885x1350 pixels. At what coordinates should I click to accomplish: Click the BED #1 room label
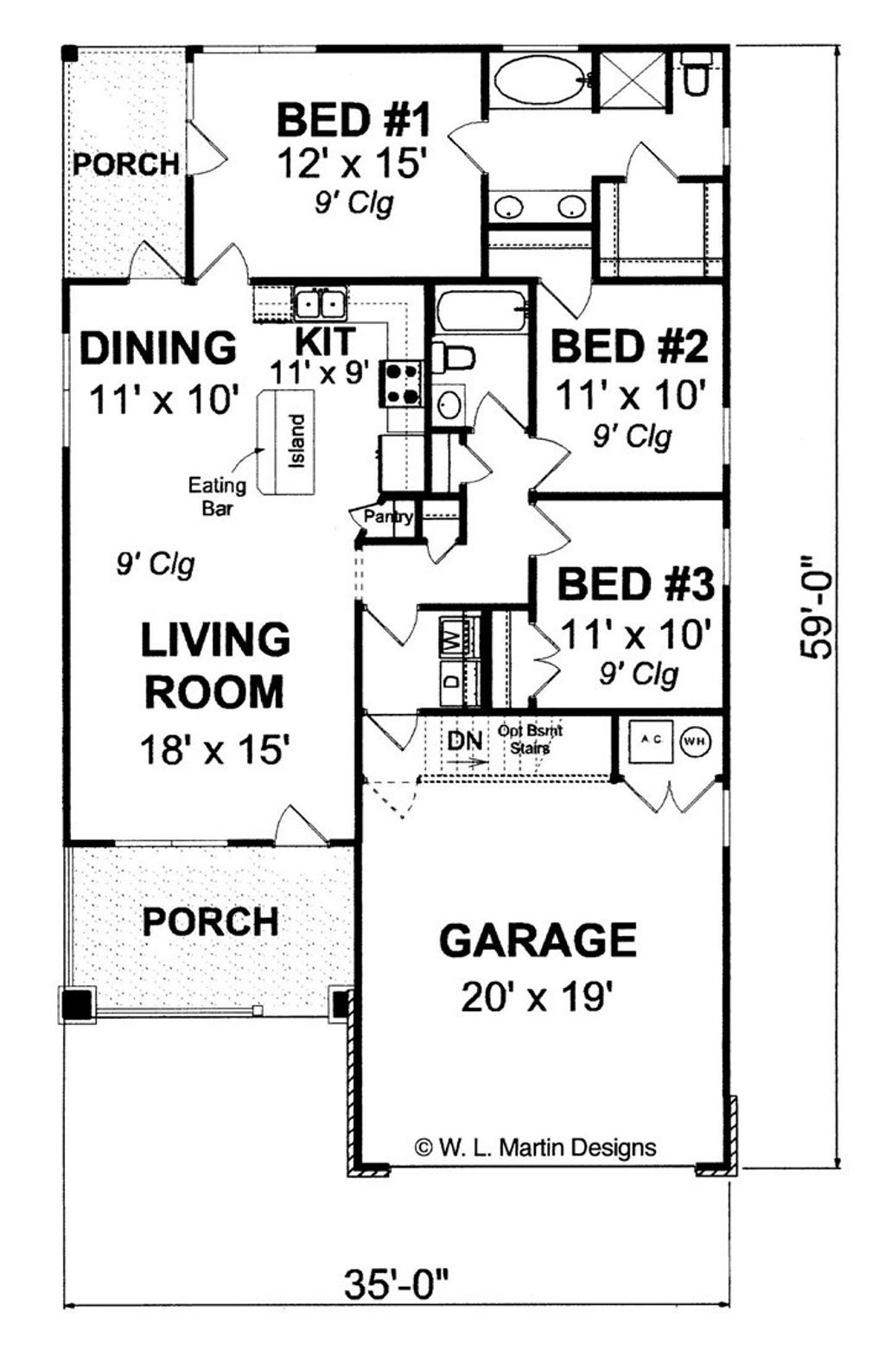click(x=353, y=119)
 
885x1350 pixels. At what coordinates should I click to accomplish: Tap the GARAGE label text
click(x=538, y=940)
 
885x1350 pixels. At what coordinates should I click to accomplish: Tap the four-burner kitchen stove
click(x=403, y=384)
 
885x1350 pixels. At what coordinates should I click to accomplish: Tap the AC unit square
click(x=651, y=740)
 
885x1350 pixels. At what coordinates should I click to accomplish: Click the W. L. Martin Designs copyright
click(x=536, y=1147)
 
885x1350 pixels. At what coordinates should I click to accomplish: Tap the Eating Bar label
click(x=217, y=497)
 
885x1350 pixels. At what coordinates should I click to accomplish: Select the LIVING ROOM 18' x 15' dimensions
click(x=213, y=749)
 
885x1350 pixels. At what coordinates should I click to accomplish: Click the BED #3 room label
click(x=635, y=584)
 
